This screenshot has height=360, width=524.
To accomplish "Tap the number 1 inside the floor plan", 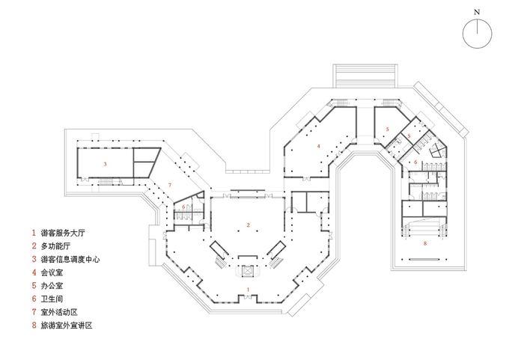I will [x=248, y=289].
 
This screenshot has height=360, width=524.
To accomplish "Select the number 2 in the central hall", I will [x=248, y=225].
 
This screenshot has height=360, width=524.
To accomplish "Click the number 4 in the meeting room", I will [x=319, y=146].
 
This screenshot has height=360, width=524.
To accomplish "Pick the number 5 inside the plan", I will [x=388, y=129].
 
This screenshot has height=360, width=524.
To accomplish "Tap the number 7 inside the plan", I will [x=171, y=185].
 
